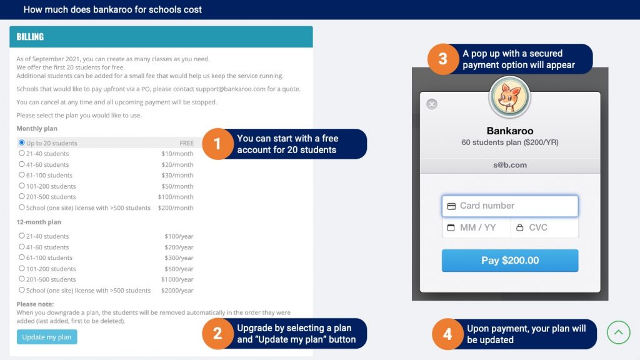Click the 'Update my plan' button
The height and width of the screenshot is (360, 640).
pos(47,337)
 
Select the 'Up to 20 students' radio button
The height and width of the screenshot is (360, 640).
pos(22,142)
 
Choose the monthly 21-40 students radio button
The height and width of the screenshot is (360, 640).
pos(22,153)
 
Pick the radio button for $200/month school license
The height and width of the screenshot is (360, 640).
pos(22,207)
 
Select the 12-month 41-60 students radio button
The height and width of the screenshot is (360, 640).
pos(22,246)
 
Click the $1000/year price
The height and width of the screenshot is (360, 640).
pos(177,279)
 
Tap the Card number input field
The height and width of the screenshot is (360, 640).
pos(510,206)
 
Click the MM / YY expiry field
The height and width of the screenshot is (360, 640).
pos(476,227)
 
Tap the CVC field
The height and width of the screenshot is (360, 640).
pos(544,227)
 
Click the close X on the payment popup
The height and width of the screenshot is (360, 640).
pos(432,104)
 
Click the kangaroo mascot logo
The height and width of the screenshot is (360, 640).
pos(509,97)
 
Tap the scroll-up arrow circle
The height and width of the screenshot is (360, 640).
pos(618,332)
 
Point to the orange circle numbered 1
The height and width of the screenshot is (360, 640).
pos(217,144)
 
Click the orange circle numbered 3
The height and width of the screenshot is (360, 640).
pos(443,59)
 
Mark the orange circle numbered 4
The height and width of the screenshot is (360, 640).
pos(447,334)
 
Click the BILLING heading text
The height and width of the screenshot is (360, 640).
pos(30,37)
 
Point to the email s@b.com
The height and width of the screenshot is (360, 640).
pos(510,165)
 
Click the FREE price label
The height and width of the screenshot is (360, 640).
pos(186,143)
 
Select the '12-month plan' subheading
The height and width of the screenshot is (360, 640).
pos(39,222)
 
